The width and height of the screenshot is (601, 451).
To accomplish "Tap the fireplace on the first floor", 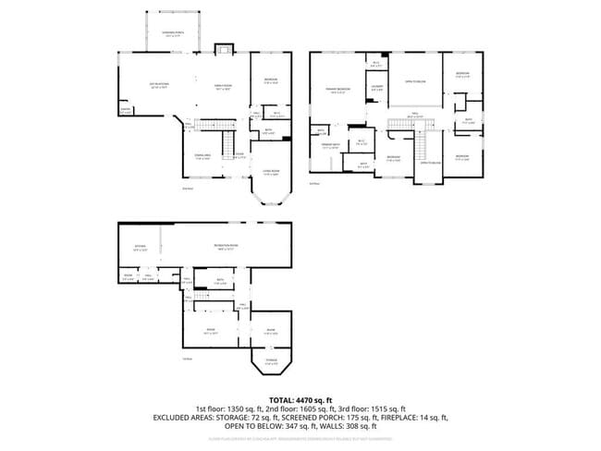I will tap(224, 50).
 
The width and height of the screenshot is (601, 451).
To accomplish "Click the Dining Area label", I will tap(200, 156).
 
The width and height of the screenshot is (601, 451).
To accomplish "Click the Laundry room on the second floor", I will tap(377, 88).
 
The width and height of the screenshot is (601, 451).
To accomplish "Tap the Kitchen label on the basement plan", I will tap(141, 248).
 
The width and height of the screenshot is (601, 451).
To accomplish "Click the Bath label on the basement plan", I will tap(220, 280).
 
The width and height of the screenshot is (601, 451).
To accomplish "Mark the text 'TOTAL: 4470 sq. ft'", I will tap(300, 398).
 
